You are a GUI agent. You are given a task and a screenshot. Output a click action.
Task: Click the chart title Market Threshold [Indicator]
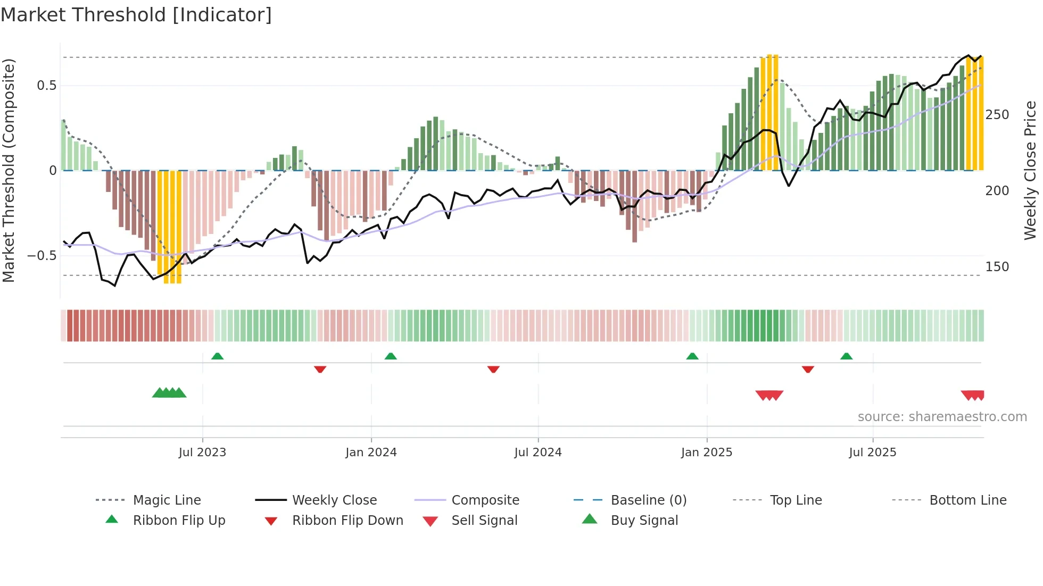click(x=136, y=15)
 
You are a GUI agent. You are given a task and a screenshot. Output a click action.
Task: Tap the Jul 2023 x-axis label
click(x=202, y=453)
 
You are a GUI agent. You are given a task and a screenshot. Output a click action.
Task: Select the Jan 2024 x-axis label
click(x=371, y=453)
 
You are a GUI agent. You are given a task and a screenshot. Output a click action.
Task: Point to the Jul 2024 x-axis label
click(x=538, y=453)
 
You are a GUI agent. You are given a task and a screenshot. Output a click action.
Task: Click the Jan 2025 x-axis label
click(x=707, y=453)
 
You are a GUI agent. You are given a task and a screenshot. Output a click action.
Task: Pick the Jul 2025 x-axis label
click(x=873, y=453)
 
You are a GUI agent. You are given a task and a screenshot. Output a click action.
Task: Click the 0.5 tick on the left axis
click(x=46, y=86)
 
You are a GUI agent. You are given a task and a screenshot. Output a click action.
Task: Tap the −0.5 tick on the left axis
click(x=42, y=256)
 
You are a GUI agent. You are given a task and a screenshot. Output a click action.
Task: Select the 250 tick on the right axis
click(x=997, y=115)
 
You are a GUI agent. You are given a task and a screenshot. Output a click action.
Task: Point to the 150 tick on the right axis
click(x=997, y=267)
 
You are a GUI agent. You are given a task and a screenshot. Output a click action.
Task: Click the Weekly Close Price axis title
click(x=1030, y=170)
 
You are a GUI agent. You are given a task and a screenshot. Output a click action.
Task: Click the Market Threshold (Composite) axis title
click(x=9, y=170)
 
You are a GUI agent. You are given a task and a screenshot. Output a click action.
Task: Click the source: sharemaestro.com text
click(x=942, y=417)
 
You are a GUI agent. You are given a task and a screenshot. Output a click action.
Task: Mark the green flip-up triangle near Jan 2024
click(x=391, y=356)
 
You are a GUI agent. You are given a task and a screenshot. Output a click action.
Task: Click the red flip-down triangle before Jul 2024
click(x=493, y=369)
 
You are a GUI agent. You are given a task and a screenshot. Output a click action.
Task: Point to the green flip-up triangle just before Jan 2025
click(x=692, y=356)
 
